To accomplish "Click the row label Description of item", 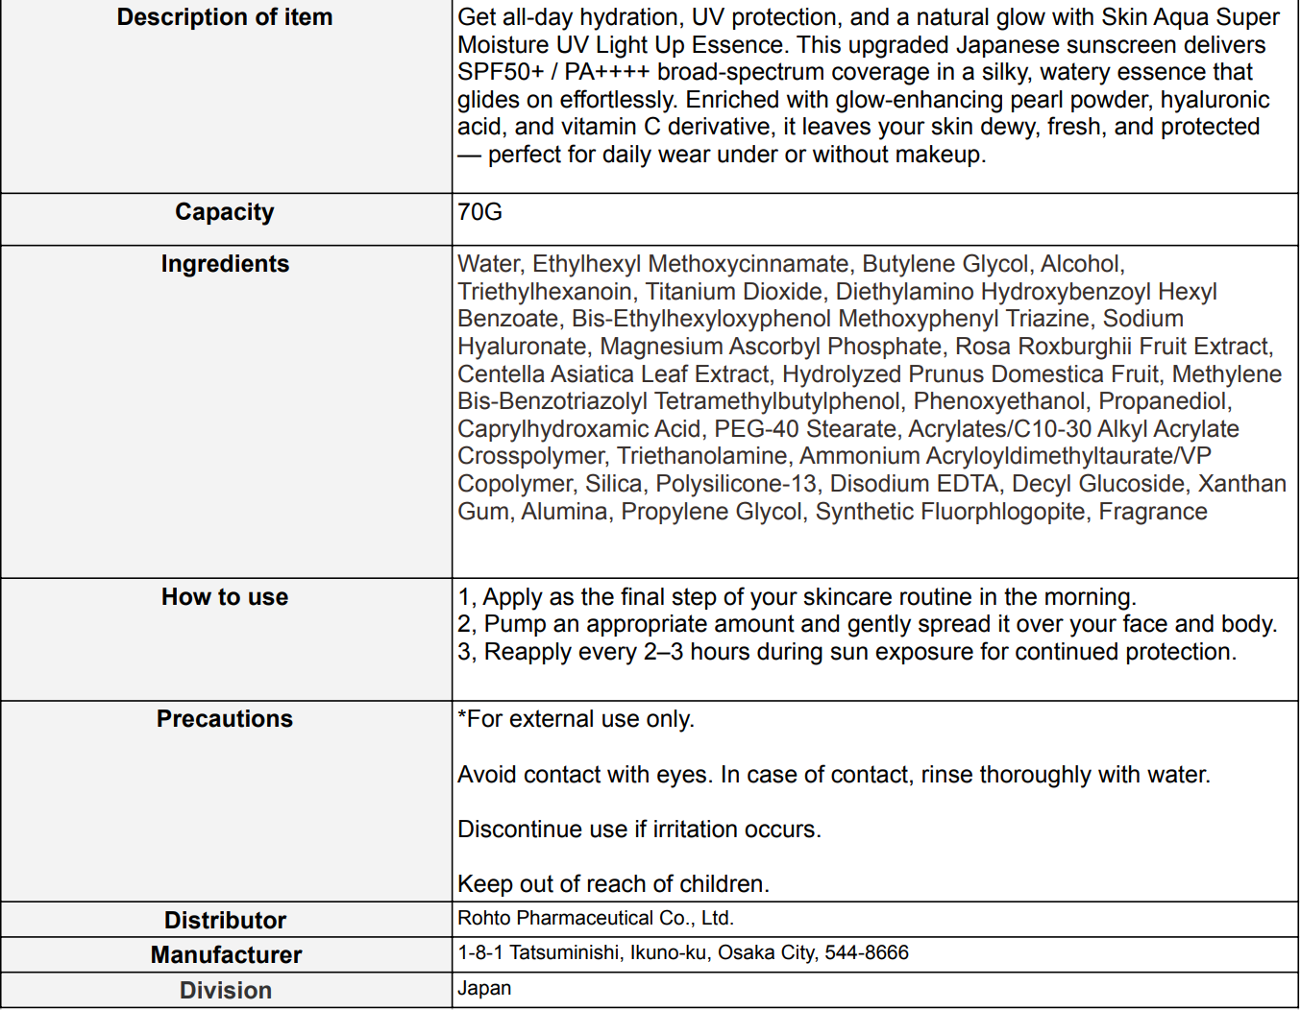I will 225,17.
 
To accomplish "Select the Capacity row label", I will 225,212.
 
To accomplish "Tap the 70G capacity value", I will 479,212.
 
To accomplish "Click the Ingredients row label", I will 225,264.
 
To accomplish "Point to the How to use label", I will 225,597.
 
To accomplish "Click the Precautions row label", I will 225,719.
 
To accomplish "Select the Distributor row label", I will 225,921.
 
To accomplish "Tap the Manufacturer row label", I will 226,955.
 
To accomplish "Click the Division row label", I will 226,991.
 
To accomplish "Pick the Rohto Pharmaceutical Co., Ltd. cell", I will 596,918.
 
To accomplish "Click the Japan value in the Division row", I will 484,988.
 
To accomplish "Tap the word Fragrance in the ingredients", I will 1152,512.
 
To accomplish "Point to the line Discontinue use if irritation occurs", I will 639,830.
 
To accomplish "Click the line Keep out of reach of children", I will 613,884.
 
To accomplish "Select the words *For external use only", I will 576,719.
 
